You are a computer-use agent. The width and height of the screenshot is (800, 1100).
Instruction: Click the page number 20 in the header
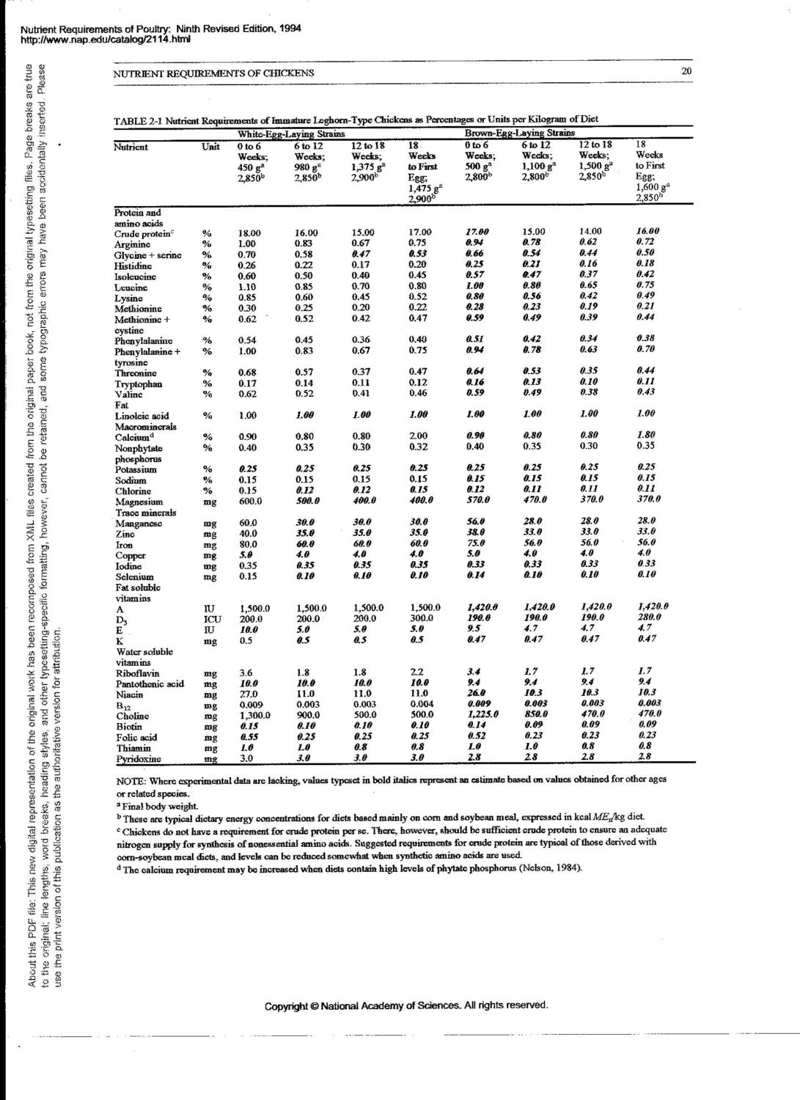click(x=686, y=71)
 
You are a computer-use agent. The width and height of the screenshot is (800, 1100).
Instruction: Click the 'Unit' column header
click(x=210, y=147)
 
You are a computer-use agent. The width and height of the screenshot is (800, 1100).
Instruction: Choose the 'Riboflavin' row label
click(x=137, y=672)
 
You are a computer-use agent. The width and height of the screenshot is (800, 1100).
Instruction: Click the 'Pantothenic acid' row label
click(x=150, y=683)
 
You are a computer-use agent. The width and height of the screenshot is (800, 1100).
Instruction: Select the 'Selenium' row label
click(x=135, y=577)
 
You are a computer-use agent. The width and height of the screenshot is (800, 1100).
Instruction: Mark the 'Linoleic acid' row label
click(x=142, y=416)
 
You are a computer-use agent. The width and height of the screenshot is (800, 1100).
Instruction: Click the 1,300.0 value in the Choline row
click(x=255, y=716)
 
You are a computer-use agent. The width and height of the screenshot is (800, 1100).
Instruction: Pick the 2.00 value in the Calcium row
click(x=419, y=436)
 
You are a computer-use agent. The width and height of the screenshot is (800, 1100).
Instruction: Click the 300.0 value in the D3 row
click(x=422, y=619)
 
